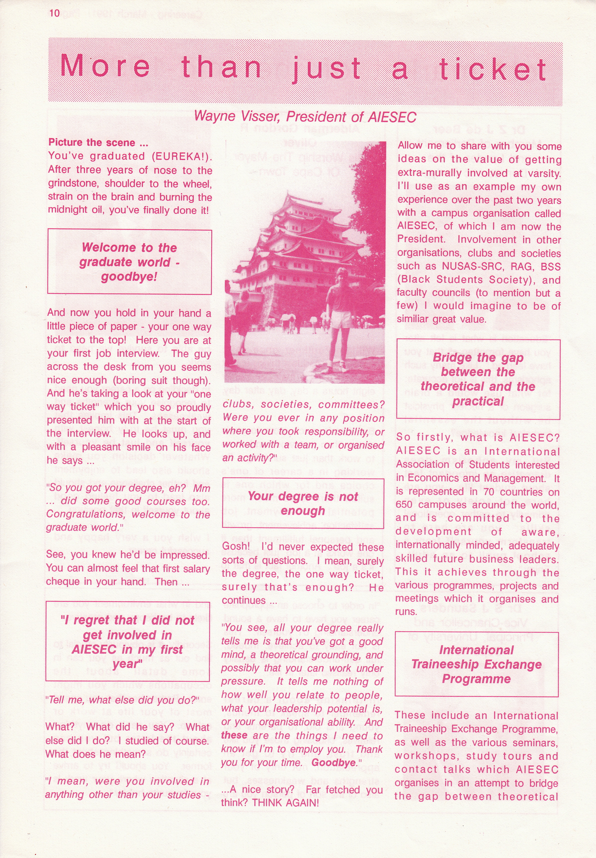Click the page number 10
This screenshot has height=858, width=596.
[x=55, y=13]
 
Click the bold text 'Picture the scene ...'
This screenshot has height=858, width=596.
[x=98, y=143]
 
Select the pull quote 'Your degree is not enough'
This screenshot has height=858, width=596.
[x=303, y=503]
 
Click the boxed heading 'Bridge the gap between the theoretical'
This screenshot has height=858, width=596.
[x=478, y=379]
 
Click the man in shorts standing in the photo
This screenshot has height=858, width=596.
[x=340, y=317]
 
